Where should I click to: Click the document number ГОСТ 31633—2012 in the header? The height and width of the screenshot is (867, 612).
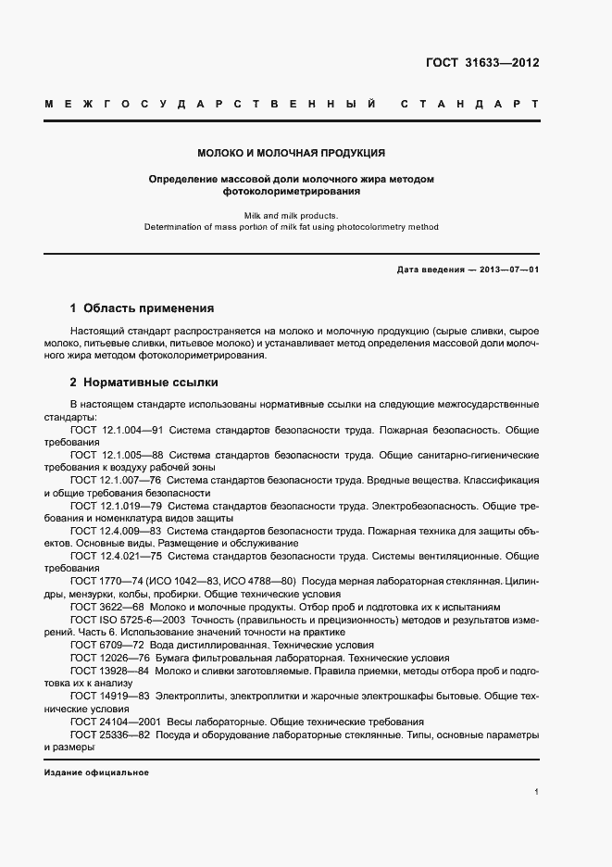point(482,64)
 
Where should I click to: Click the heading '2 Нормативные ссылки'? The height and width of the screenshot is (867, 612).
point(144,382)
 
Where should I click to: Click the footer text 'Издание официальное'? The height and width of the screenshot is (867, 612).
point(96,772)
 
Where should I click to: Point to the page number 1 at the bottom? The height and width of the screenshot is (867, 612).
point(537,793)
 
